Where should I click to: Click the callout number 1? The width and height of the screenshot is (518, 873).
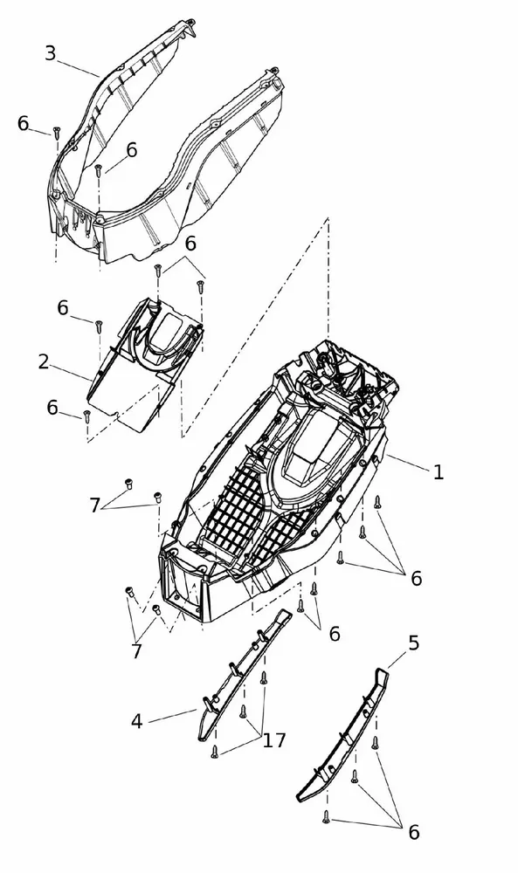point(439,472)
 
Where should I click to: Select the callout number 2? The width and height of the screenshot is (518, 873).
point(44,362)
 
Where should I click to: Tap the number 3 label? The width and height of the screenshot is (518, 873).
point(50,53)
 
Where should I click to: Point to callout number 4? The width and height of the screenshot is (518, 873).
point(136,722)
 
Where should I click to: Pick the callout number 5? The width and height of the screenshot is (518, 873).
point(413,643)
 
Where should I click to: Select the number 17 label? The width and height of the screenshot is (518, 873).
point(274,740)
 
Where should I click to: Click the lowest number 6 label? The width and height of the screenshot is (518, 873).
point(414,833)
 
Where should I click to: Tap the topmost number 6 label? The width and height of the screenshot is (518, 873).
point(23,123)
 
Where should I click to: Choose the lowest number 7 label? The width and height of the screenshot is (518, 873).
point(136,651)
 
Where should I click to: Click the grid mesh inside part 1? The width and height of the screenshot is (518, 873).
point(253,515)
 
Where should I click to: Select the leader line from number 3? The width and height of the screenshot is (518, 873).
point(78,68)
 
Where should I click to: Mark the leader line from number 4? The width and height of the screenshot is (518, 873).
point(172,716)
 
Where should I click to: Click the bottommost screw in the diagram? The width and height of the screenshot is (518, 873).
point(327,817)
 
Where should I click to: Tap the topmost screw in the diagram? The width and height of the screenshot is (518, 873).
point(56,132)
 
